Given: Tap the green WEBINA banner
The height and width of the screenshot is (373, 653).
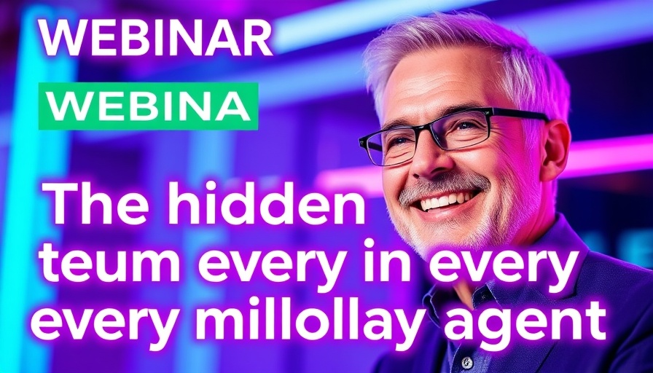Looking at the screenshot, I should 148,106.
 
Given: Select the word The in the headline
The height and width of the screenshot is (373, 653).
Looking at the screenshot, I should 90,206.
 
